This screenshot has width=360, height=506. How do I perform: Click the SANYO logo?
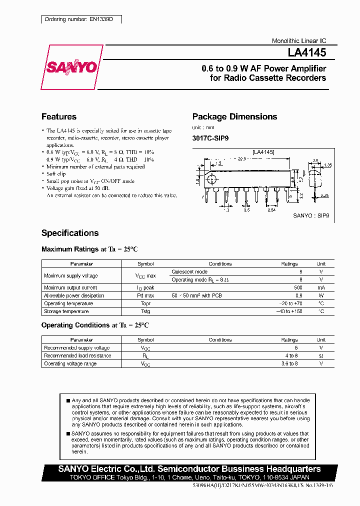[71, 67]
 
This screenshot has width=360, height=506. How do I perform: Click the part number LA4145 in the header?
[306, 52]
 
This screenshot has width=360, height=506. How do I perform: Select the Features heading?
[59, 116]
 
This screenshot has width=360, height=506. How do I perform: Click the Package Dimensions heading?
[234, 116]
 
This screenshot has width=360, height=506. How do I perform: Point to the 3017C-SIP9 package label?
[210, 138]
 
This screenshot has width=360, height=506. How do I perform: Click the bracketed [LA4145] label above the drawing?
[263, 151]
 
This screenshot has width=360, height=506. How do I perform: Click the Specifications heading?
[70, 233]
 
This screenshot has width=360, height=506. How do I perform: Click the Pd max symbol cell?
[145, 295]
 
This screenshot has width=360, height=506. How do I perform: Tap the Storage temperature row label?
[66, 311]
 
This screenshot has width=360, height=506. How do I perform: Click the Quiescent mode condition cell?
[189, 271]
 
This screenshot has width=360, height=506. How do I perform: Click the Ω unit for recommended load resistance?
[321, 355]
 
